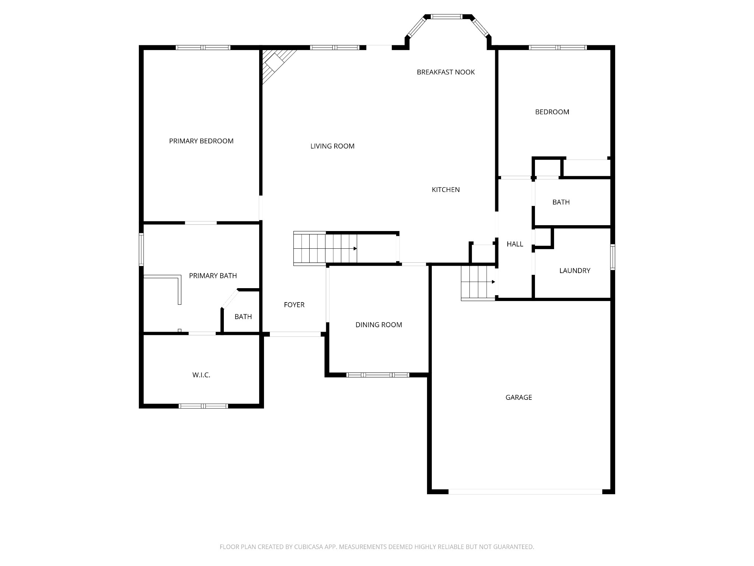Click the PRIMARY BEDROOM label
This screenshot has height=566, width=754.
[x=201, y=141]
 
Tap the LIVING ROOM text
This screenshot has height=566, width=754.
[x=332, y=146]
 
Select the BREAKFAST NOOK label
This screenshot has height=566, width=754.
[x=445, y=72]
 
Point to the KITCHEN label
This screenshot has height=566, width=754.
[x=445, y=190]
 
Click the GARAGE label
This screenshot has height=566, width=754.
[x=518, y=397]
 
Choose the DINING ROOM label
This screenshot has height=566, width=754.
[x=378, y=325]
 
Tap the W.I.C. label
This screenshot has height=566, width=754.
[x=201, y=375]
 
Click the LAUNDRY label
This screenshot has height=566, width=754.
[x=574, y=271]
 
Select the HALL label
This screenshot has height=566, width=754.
[x=515, y=244]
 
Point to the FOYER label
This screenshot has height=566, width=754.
[x=294, y=305]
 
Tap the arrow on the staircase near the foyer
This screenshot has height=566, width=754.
[x=355, y=249]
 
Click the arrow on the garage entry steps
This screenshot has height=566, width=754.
[x=493, y=282]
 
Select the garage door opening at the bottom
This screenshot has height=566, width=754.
[x=525, y=492]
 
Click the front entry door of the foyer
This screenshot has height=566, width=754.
[x=295, y=334]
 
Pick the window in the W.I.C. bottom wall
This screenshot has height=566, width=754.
[x=203, y=406]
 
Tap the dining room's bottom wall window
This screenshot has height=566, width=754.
[x=378, y=375]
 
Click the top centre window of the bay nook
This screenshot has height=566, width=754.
[x=446, y=17]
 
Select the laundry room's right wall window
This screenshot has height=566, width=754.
[x=613, y=257]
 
